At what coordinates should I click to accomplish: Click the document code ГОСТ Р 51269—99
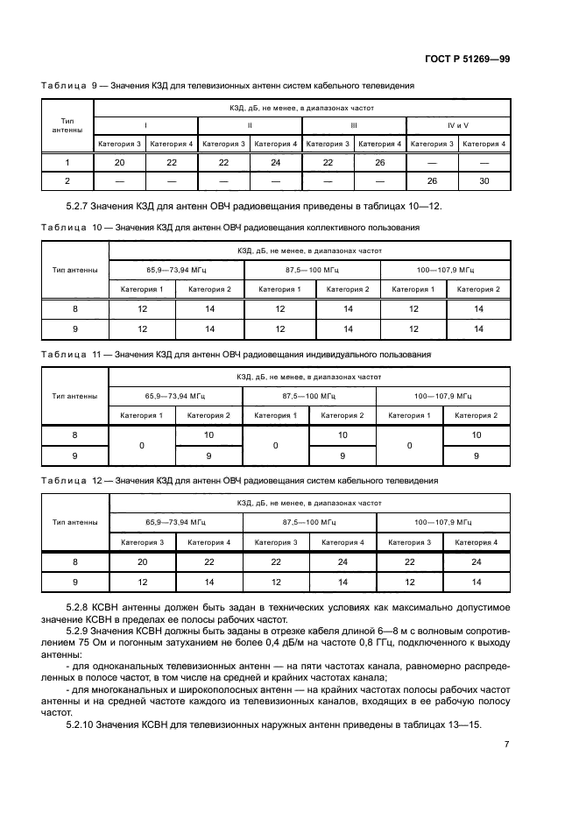pos(462,59)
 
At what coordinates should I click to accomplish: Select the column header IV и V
pos(458,125)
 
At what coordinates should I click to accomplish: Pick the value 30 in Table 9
pos(484,180)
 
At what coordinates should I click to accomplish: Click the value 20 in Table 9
pos(119,162)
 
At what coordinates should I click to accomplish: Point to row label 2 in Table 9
pos(67,180)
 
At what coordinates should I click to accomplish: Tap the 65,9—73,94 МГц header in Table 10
pos(175,270)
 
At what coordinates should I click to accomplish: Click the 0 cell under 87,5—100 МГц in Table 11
pos(276,446)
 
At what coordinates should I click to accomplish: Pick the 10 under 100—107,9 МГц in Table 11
pos(477,435)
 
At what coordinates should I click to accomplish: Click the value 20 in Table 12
pos(142,562)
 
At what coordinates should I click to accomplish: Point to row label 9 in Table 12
pos(74,581)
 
